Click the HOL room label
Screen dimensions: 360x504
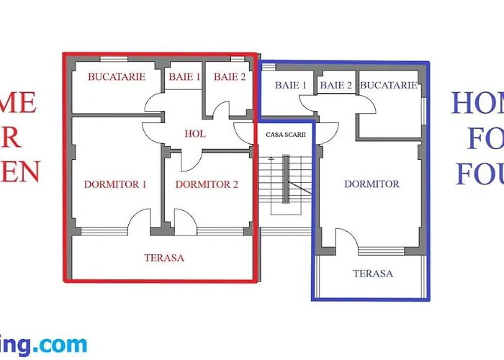pyautogui.click(x=195, y=133)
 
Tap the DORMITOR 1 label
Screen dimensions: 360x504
pyautogui.click(x=115, y=184)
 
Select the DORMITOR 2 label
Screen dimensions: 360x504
pyautogui.click(x=207, y=184)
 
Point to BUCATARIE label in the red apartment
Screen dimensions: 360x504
pyautogui.click(x=117, y=76)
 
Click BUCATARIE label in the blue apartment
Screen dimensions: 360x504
pyautogui.click(x=389, y=85)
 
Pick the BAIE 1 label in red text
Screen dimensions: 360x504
pyautogui.click(x=184, y=76)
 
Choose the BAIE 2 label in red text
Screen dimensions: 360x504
pyautogui.click(x=230, y=76)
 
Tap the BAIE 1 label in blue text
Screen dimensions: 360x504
pyautogui.click(x=291, y=85)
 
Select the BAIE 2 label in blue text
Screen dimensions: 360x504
pyautogui.click(x=336, y=85)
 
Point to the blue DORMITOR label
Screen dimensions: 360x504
pyautogui.click(x=372, y=184)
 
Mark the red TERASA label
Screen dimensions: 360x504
pyautogui.click(x=164, y=257)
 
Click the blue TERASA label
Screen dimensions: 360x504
pyautogui.click(x=373, y=274)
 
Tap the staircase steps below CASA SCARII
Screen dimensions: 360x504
pyautogui.click(x=285, y=184)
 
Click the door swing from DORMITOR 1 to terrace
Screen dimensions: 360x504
pyautogui.click(x=140, y=222)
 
